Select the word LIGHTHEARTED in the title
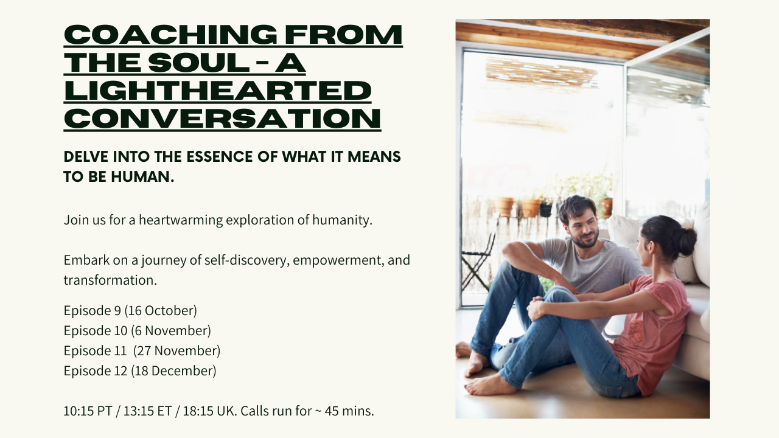pos(217,91)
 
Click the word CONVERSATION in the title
pos(222,119)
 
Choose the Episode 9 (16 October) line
pos(130,310)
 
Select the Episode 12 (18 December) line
pos(139,370)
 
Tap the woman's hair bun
pos(686,241)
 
